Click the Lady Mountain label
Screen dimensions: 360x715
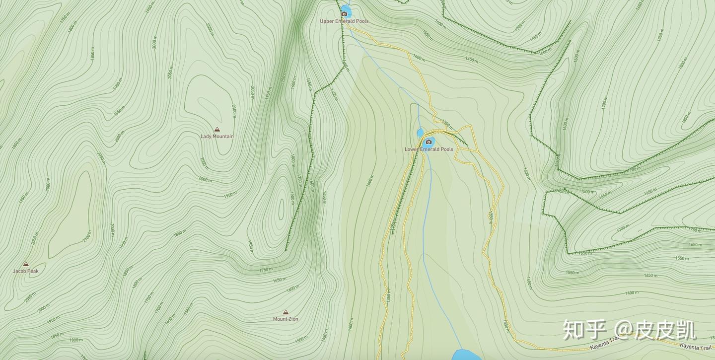216,137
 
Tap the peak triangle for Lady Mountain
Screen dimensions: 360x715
216,129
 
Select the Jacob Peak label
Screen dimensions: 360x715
26,271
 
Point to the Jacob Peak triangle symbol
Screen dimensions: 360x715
26,264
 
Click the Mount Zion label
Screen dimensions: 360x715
286,319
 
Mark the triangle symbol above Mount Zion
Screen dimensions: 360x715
286,312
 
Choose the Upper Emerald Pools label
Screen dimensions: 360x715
344,21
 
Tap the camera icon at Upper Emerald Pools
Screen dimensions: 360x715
344,14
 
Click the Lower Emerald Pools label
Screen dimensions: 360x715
429,149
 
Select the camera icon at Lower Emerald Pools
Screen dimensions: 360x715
429,142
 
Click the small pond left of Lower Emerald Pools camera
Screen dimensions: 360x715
420,133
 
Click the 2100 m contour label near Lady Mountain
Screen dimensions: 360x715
233,110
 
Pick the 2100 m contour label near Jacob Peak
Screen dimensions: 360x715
87,236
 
